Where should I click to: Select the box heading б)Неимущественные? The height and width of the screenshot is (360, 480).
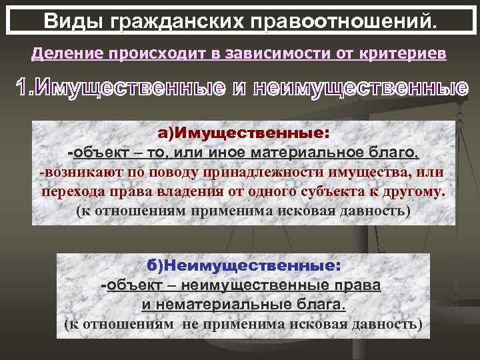pyautogui.click(x=244, y=265)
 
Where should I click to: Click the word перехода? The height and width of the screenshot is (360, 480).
pyautogui.click(x=69, y=193)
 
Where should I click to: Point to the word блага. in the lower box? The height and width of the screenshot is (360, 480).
pyautogui.click(x=319, y=305)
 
